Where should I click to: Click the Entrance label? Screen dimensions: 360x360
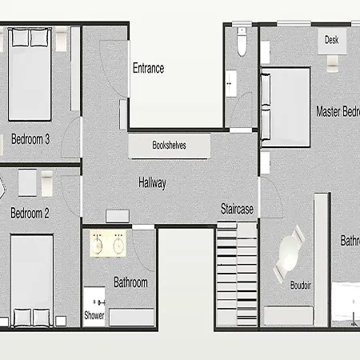149,68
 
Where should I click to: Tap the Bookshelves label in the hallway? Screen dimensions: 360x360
169,145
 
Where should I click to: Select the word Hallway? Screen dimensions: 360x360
152,183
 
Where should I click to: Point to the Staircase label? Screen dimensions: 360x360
237,209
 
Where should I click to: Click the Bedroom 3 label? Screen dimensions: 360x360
30,139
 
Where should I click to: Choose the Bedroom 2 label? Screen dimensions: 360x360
30,213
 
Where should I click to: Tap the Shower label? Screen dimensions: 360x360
94,315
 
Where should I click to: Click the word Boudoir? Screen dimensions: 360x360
301,286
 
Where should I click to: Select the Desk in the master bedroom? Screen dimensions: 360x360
332,41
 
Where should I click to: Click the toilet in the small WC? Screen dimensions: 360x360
242,42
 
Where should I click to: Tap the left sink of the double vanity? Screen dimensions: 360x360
98,246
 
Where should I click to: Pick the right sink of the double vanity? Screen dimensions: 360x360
118,246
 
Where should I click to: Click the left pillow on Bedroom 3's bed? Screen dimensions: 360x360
20,38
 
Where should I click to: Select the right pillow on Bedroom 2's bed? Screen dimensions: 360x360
41,318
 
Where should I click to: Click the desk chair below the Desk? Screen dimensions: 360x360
333,63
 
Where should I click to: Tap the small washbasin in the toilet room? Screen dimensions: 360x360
230,83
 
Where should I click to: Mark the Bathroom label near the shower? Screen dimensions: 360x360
130,282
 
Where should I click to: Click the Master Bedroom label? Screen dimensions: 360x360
338,112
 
